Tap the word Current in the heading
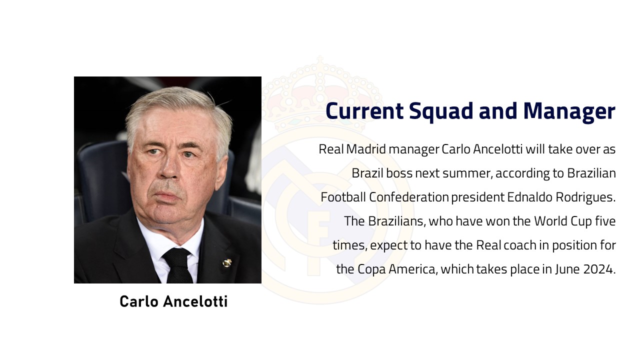point(364,111)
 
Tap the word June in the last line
point(567,269)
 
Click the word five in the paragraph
point(605,221)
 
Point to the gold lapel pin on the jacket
point(227,262)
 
